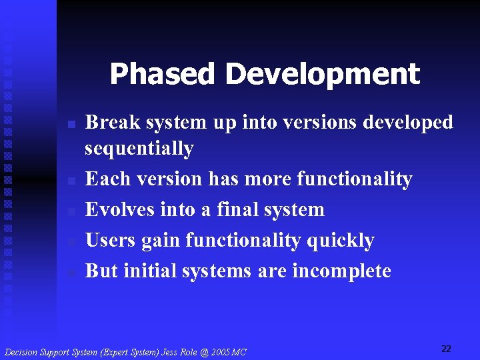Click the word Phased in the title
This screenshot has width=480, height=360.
163,75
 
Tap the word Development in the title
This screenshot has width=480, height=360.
323,75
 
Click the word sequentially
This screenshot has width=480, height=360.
139,148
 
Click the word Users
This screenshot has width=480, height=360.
111,240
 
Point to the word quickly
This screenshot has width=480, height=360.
340,240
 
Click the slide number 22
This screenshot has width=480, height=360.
446,349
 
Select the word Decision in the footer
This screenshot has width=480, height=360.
22,351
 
